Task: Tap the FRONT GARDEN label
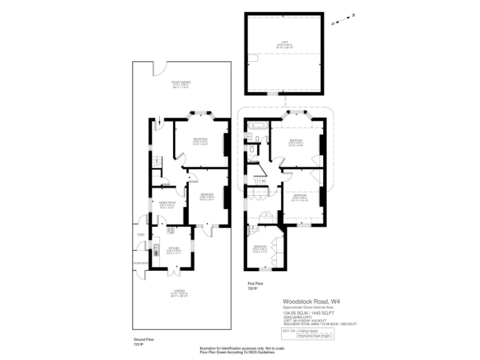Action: [181, 84]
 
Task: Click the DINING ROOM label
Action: [166, 204]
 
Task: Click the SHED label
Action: [141, 236]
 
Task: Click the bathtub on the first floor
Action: [257, 132]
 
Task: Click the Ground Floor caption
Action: [144, 339]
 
